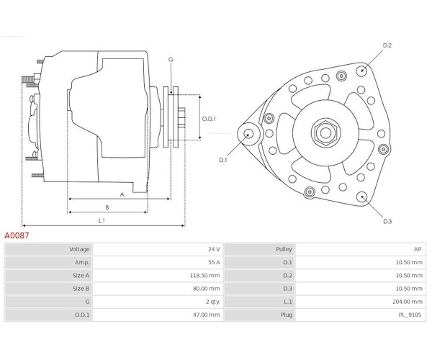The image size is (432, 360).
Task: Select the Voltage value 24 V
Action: tap(214, 249)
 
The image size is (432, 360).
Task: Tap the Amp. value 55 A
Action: tap(214, 262)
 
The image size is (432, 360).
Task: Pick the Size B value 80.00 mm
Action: tap(206, 288)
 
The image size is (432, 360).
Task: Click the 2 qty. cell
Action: tap(212, 301)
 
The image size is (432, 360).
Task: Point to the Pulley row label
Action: tap(284, 249)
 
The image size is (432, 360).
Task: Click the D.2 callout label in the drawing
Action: tap(387, 45)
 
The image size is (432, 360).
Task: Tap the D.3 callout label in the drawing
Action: tap(387, 220)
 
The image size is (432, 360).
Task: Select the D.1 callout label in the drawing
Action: tap(222, 160)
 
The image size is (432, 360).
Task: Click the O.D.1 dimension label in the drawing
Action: tap(209, 119)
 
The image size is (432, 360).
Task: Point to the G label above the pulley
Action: tap(171, 59)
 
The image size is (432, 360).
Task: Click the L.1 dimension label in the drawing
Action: tap(102, 220)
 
